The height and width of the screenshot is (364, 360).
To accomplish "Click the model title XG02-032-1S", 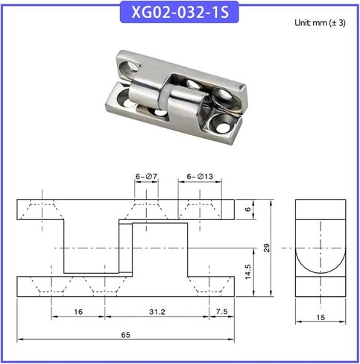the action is (180, 12).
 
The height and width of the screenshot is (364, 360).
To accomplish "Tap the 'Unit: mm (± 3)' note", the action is (320, 23).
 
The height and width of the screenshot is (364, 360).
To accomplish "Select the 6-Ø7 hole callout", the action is (146, 176).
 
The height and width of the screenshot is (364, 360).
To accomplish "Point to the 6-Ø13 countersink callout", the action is (200, 176).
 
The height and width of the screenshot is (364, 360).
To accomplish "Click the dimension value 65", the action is (125, 335).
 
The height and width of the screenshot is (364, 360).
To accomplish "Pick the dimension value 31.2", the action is (157, 312).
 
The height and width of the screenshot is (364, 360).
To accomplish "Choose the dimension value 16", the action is (78, 312).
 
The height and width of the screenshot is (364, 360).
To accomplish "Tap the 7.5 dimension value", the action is (221, 311).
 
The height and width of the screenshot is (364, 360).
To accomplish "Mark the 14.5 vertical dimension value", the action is (247, 272).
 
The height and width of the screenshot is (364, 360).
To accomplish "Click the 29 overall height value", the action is (267, 248).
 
